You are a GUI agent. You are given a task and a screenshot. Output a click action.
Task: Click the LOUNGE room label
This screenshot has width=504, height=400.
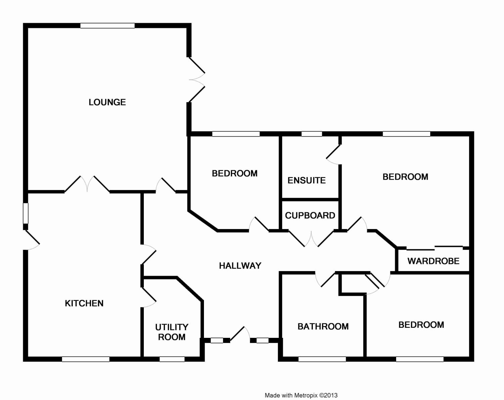point(107,102)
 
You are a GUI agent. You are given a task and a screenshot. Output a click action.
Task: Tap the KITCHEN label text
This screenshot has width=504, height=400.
point(84,303)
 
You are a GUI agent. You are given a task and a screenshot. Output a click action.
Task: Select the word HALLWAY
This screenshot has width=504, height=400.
point(240,266)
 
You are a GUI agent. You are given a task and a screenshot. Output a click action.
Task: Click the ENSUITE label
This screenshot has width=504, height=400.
point(306,180)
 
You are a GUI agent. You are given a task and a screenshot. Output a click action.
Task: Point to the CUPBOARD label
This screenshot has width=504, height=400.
point(310,215)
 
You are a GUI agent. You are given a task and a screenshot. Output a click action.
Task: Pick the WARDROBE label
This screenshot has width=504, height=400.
point(433,261)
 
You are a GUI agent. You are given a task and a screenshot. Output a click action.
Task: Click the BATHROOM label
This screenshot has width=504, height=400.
point(323,326)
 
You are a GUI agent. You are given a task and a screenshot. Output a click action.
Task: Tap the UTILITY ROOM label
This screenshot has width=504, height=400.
point(172,332)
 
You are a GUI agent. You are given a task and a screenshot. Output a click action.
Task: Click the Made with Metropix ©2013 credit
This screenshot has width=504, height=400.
point(301,395)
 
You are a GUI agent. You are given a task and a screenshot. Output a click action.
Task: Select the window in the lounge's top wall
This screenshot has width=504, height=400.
point(107,26)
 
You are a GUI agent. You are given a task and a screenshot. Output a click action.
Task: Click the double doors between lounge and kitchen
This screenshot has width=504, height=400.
point(87,185)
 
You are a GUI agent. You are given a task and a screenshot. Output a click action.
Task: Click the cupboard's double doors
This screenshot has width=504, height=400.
point(311,238)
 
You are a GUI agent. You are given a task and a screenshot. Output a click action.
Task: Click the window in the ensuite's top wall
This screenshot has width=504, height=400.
point(311,134)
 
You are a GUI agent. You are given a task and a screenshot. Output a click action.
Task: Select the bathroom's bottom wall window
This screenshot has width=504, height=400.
point(322,359)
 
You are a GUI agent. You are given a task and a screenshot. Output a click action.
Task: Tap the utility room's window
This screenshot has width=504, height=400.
point(172,359)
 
